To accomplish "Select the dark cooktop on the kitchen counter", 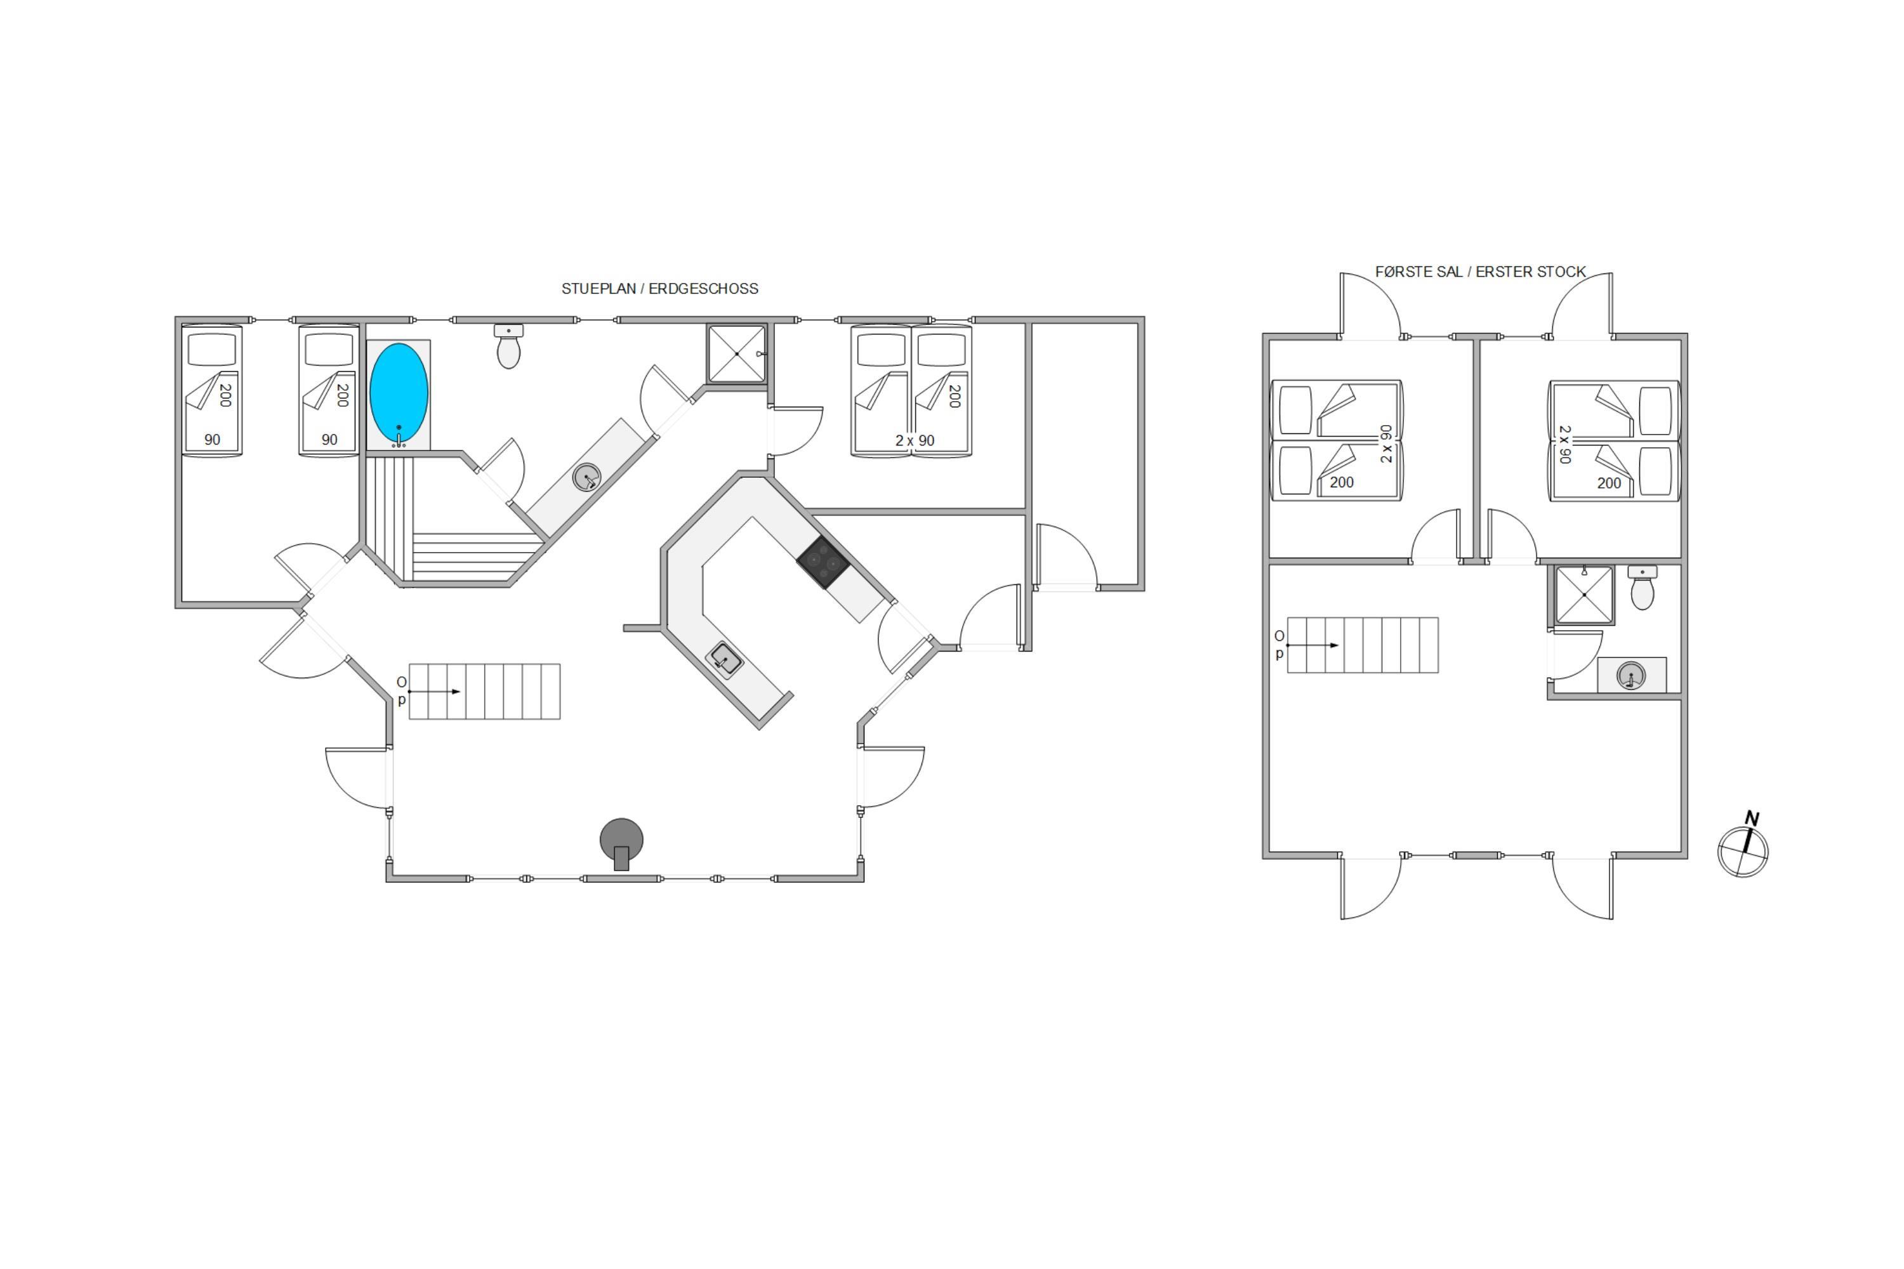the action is click(823, 562).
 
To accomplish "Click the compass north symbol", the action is click(1743, 846).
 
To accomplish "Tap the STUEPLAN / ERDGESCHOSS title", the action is click(660, 289).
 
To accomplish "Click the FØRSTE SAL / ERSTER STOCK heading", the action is click(1480, 272).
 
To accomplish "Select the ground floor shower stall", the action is click(737, 353).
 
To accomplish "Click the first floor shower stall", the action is click(1584, 595).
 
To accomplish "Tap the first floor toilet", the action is click(1642, 588).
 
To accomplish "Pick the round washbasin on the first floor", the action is click(1630, 676).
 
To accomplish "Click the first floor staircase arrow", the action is click(1312, 645).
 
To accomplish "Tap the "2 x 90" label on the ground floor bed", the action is click(915, 440).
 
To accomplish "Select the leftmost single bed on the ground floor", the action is click(212, 391).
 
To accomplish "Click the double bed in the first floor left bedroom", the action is click(1337, 440).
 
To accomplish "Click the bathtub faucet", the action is click(399, 438).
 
